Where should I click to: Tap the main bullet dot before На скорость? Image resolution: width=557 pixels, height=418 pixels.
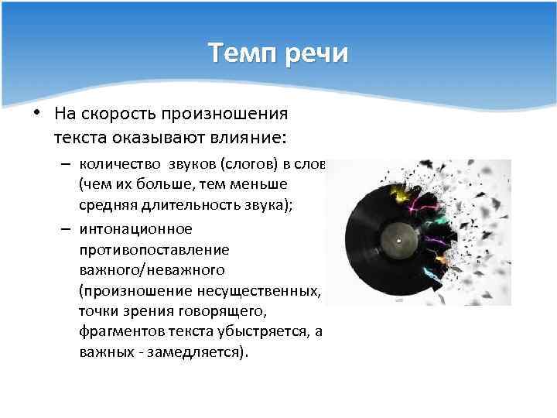pos(36,114)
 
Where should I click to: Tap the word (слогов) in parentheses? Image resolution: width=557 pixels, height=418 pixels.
pos(248,165)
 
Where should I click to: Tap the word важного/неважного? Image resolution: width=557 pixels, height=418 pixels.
pos(152,269)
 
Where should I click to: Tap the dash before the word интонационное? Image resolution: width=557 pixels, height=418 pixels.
pos(66,230)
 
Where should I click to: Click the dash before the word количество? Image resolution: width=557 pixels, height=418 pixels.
pos(66,165)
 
